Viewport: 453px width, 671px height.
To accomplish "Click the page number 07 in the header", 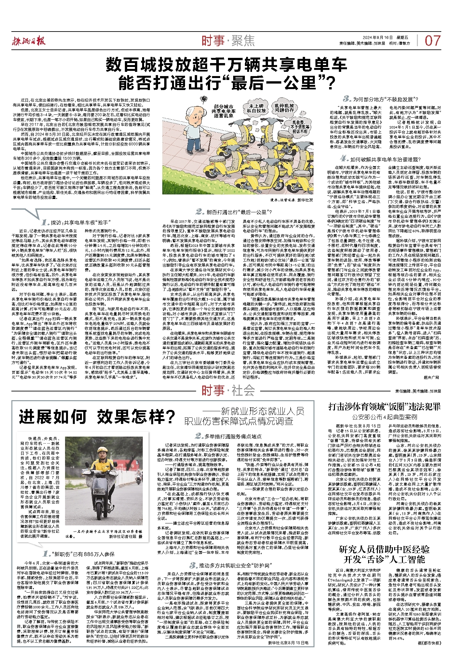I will point(433,41).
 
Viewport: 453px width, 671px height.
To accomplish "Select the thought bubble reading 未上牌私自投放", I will point(256,108).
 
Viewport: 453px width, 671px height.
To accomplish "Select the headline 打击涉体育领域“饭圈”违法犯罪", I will point(384,407).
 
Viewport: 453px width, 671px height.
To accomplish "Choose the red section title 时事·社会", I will point(228,390).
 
